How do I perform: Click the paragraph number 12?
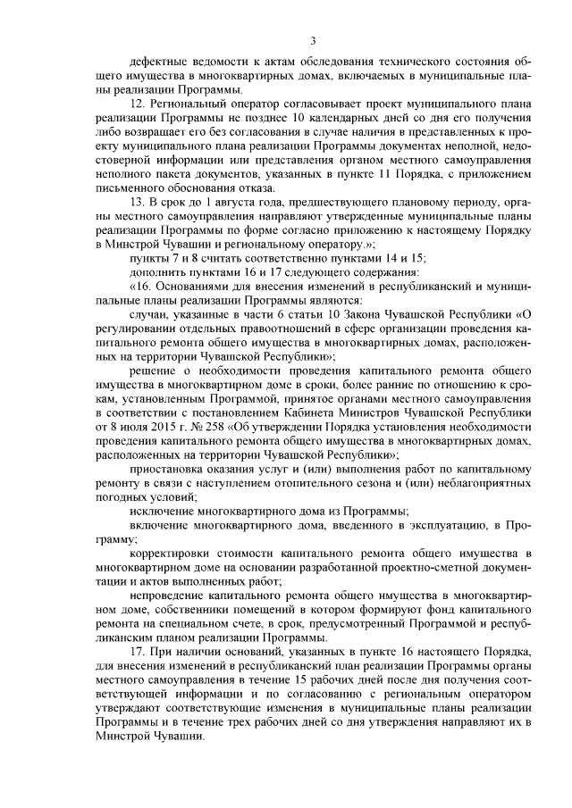click(x=137, y=104)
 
